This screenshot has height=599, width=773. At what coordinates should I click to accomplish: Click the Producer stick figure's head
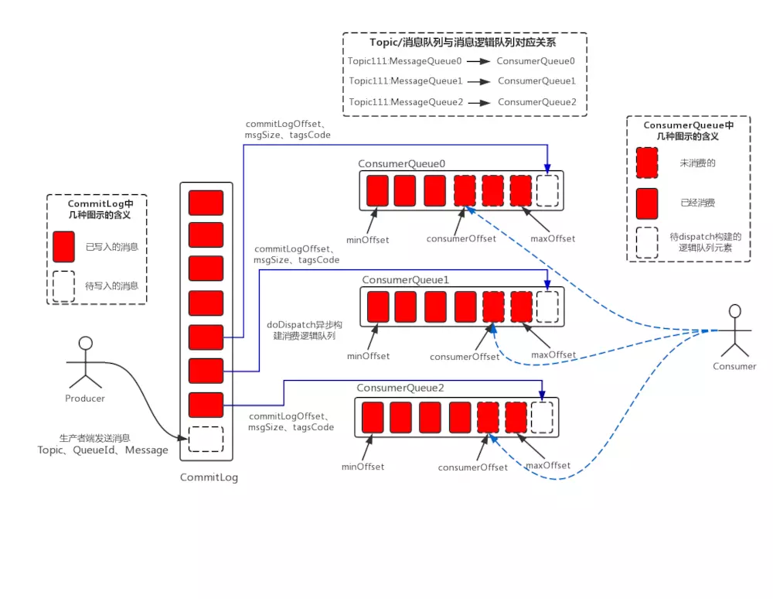pos(86,343)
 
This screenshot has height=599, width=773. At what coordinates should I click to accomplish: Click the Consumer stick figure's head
pos(735,311)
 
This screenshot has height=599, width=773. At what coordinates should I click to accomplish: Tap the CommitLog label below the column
pos(209,477)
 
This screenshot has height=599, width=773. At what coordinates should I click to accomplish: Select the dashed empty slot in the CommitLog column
pos(206,439)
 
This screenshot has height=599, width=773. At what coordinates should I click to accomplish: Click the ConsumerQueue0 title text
pos(402,164)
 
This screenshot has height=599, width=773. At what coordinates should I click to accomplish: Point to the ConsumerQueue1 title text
pos(405,279)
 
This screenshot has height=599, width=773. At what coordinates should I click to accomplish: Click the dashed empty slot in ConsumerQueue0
pos(547,190)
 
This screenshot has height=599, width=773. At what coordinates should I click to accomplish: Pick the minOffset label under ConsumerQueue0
pos(368,239)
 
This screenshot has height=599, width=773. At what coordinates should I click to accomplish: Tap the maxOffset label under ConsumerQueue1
pos(554,354)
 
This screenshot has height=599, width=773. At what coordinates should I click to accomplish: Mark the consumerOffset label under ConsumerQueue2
pos(473,467)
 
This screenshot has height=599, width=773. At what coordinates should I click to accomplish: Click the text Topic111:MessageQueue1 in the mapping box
pos(405,80)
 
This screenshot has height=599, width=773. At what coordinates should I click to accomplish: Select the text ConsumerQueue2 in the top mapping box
pos(536,101)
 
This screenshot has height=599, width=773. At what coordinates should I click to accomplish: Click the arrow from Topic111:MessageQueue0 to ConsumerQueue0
pos(478,60)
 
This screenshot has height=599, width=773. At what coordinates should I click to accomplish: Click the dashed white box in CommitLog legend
pos(64,286)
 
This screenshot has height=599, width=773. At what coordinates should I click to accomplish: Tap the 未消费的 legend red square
pos(647,163)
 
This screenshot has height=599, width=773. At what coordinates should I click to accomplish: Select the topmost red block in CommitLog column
pos(206,203)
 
